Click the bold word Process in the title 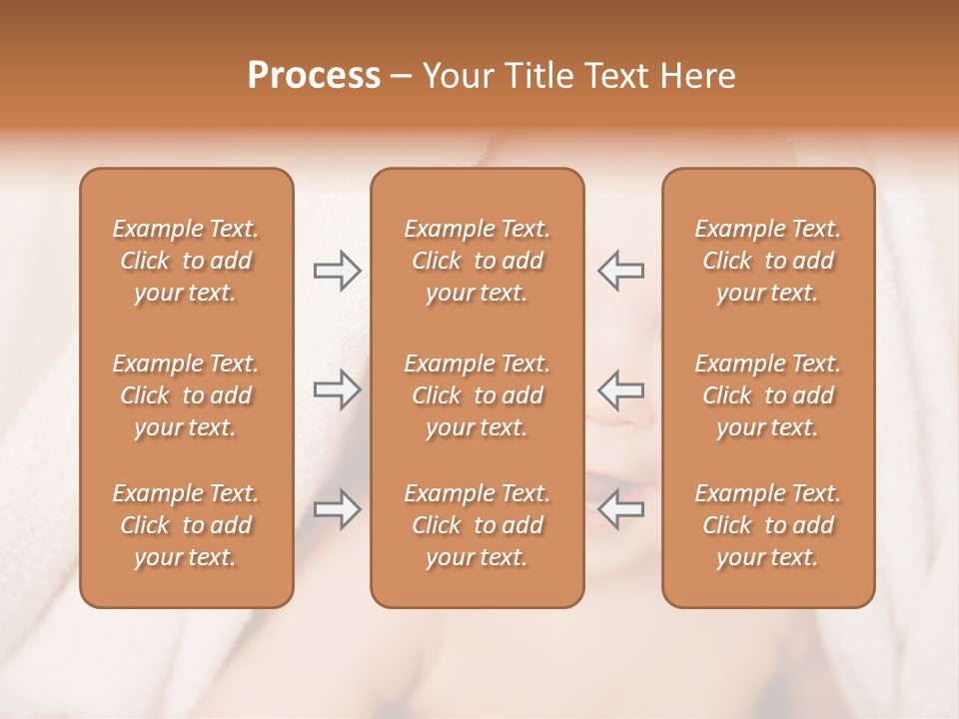coord(314,76)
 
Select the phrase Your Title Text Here coord(579,76)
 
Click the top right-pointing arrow coord(337,270)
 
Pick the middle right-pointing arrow coord(337,388)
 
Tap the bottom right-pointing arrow coord(337,509)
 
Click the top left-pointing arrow coord(620,270)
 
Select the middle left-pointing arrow coord(620,388)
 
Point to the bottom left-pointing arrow coord(620,509)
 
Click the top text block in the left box coord(186,261)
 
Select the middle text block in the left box coord(186,395)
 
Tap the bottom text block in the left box coord(186,525)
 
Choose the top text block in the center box coord(478,261)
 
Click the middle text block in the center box coord(478,395)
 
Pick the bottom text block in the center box coord(478,525)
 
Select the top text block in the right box coord(768,261)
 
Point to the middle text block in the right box coord(768,395)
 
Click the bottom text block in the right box coord(768,525)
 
